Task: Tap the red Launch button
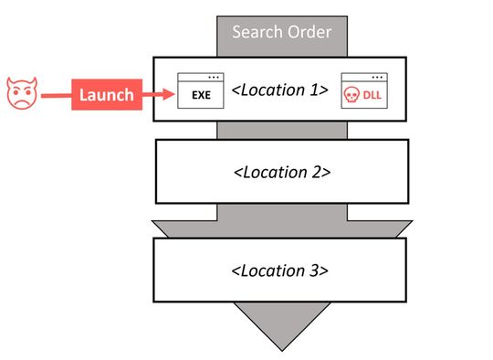pos(106,94)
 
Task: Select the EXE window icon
pos(200,90)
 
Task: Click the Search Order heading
pos(281,33)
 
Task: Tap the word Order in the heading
pos(309,33)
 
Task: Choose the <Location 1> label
pos(279,91)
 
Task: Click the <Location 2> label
pos(282,171)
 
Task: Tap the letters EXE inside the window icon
pos(201,95)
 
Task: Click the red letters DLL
pos(372,95)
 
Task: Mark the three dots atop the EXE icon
pos(213,78)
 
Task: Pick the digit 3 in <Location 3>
pos(315,270)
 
